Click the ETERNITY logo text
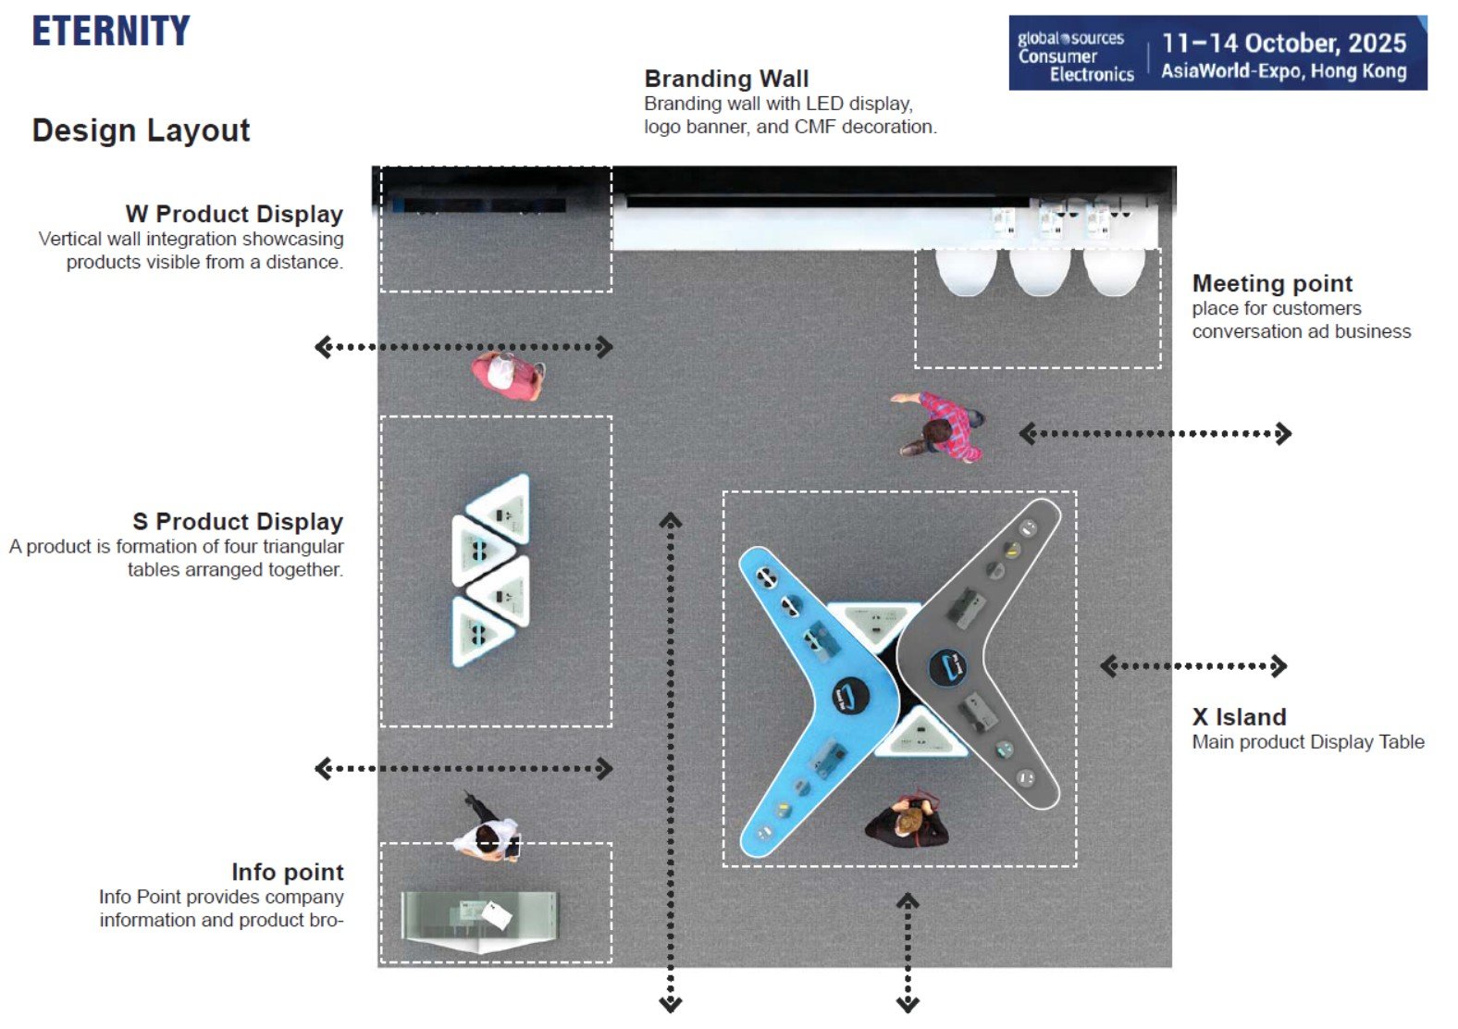(x=111, y=31)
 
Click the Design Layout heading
(x=141, y=130)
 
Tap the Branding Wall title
(x=726, y=79)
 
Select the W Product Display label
(x=234, y=214)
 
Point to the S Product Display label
(x=238, y=522)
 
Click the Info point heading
(x=287, y=872)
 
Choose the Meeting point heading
(x=1272, y=283)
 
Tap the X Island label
(x=1239, y=717)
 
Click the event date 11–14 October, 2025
(x=1284, y=43)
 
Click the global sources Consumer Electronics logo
(x=1075, y=56)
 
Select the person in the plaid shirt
(x=942, y=427)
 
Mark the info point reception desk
(x=479, y=919)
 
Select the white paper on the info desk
(x=497, y=915)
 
